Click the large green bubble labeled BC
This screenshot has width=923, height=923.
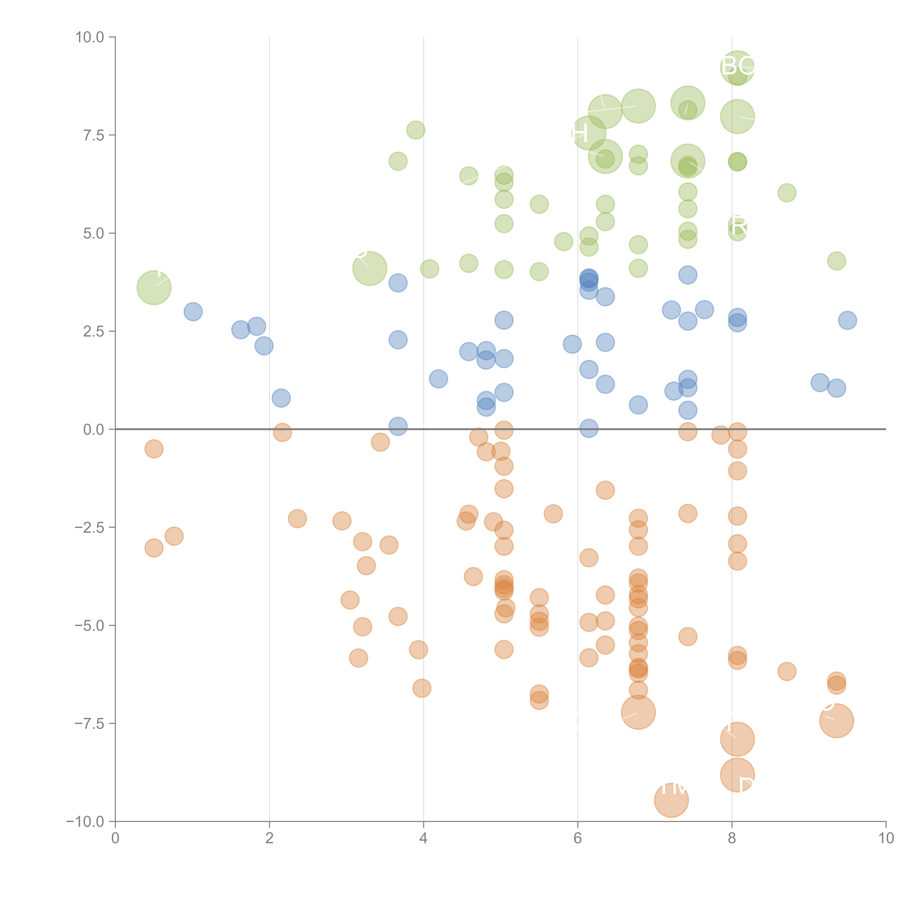[x=737, y=67]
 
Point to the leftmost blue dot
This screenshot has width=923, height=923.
[x=193, y=311]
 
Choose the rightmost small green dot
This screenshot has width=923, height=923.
[x=836, y=261]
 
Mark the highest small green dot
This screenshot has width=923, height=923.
[x=416, y=130]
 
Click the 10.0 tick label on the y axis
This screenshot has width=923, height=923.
[x=90, y=37]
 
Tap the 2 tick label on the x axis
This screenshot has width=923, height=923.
[x=270, y=838]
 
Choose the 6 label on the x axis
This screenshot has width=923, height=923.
[x=578, y=838]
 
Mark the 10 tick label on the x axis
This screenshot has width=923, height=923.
[x=886, y=838]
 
